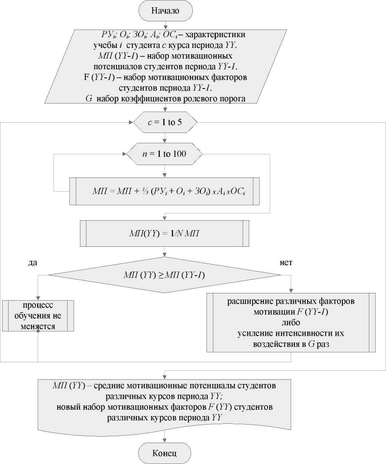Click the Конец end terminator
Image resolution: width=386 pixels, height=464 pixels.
[x=165, y=452]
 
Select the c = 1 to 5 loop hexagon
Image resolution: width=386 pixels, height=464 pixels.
[x=165, y=123]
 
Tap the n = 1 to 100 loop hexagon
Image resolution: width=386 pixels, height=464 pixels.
[x=165, y=154]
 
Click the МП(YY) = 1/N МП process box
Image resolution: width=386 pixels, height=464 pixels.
[x=165, y=233]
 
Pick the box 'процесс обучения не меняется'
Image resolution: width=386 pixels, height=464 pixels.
[x=38, y=316]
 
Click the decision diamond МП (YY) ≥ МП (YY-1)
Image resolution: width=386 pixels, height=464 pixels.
[x=165, y=275]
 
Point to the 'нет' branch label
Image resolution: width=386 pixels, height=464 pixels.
[x=286, y=262]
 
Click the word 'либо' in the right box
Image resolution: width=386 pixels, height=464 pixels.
[x=291, y=322]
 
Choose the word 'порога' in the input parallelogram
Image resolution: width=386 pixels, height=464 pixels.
[x=233, y=100]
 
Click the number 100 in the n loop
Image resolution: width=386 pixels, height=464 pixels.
[x=180, y=154]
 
